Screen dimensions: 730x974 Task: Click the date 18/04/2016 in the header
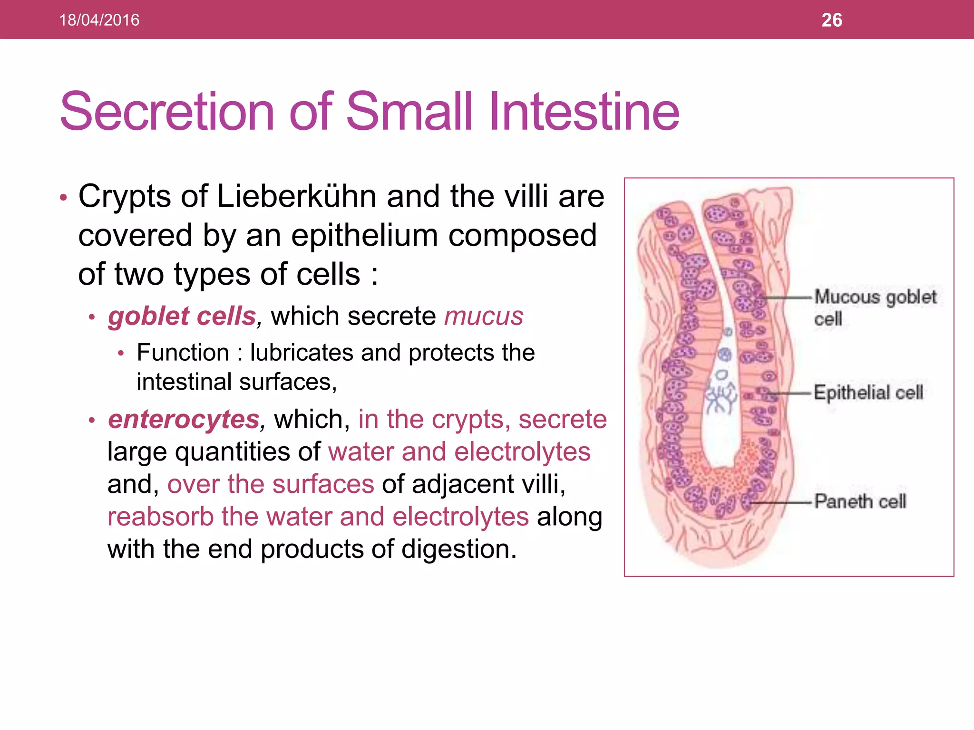[x=99, y=20]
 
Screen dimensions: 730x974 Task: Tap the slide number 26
[x=831, y=20]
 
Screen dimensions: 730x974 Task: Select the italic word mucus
[x=484, y=316]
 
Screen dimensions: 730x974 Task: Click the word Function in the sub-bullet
[x=183, y=353]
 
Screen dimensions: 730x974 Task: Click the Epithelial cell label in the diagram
[x=868, y=393]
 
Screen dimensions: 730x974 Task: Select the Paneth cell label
[x=860, y=501]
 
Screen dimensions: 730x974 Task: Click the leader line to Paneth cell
[x=780, y=502]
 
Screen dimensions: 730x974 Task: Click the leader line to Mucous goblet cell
[x=787, y=298]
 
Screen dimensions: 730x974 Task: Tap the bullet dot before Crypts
[x=64, y=197]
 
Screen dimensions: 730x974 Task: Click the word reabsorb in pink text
[x=160, y=517]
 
